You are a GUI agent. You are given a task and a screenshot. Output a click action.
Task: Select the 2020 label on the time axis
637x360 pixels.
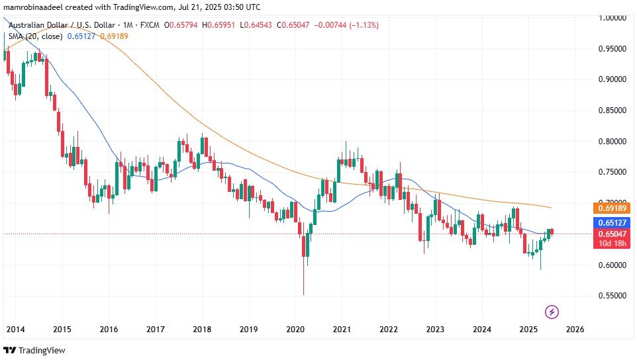tap(295, 329)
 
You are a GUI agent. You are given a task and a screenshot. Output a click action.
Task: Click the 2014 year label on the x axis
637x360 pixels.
tap(15, 329)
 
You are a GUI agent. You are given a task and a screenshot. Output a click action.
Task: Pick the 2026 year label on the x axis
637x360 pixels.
tap(575, 329)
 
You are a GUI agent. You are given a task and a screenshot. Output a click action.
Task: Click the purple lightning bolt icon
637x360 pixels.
tap(552, 311)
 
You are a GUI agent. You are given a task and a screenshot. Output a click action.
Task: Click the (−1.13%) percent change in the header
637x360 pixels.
tap(360, 25)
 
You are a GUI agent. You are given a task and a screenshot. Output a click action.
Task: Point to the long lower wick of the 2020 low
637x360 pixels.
tap(303, 278)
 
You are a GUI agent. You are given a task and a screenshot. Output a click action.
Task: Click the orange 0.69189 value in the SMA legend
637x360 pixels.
tap(114, 36)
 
